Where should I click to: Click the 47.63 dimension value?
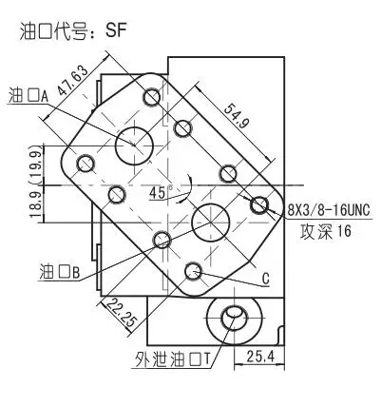coord(72,81)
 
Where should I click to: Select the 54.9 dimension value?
coord(237,116)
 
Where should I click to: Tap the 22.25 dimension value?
coord(122,314)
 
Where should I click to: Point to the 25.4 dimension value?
coord(260,357)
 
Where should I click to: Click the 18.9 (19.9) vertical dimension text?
coord(37,181)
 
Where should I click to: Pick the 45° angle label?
coord(162,192)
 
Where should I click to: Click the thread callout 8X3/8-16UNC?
coord(329,210)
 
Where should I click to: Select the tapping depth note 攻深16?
coord(326,232)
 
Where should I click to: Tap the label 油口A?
coord(29,95)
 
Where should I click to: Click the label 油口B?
coord(59,272)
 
